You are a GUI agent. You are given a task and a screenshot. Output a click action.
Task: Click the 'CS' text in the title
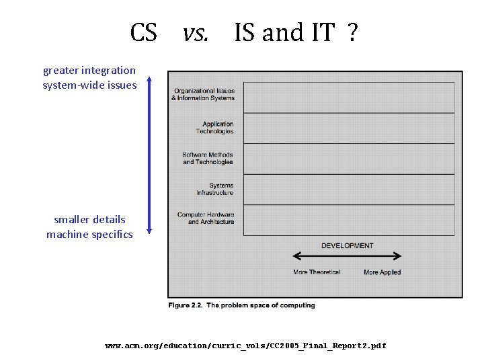(x=143, y=32)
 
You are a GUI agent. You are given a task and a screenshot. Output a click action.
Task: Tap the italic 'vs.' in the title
(x=196, y=32)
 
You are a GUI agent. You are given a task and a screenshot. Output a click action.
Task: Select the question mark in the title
(x=352, y=32)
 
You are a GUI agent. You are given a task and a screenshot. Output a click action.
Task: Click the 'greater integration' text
(x=89, y=71)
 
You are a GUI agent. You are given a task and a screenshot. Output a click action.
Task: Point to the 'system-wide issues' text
(x=89, y=85)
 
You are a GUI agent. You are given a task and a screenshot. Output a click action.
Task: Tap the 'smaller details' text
(x=89, y=220)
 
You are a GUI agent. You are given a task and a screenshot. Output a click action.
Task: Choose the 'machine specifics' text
(x=89, y=235)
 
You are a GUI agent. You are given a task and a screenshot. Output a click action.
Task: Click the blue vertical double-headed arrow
(x=149, y=155)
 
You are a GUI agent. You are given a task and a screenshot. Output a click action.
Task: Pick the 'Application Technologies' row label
(x=218, y=128)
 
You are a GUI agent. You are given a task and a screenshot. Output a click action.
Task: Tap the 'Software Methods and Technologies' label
(x=208, y=159)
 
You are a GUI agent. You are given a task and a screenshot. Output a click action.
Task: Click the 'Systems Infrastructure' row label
(x=215, y=189)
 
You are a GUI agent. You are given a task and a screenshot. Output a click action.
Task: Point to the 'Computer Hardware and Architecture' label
(x=206, y=218)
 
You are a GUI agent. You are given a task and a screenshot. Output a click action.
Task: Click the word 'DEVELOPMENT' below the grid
(x=347, y=246)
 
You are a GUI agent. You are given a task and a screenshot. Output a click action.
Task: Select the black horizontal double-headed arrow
(x=347, y=256)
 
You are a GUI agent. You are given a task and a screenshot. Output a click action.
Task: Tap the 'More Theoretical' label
(x=317, y=272)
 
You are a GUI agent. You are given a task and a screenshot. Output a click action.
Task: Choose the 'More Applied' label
(x=382, y=272)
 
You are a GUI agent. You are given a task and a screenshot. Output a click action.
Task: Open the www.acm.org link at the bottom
(x=245, y=346)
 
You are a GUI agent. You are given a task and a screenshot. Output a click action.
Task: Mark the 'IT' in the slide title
(x=321, y=32)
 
